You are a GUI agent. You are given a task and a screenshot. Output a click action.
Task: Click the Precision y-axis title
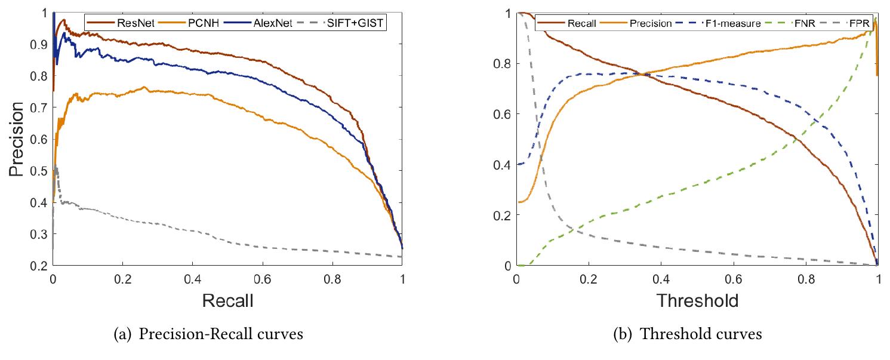coord(18,139)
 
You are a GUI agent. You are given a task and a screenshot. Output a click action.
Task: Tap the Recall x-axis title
coord(227,300)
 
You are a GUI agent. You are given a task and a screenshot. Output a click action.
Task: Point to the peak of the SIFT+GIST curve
coord(56,168)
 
